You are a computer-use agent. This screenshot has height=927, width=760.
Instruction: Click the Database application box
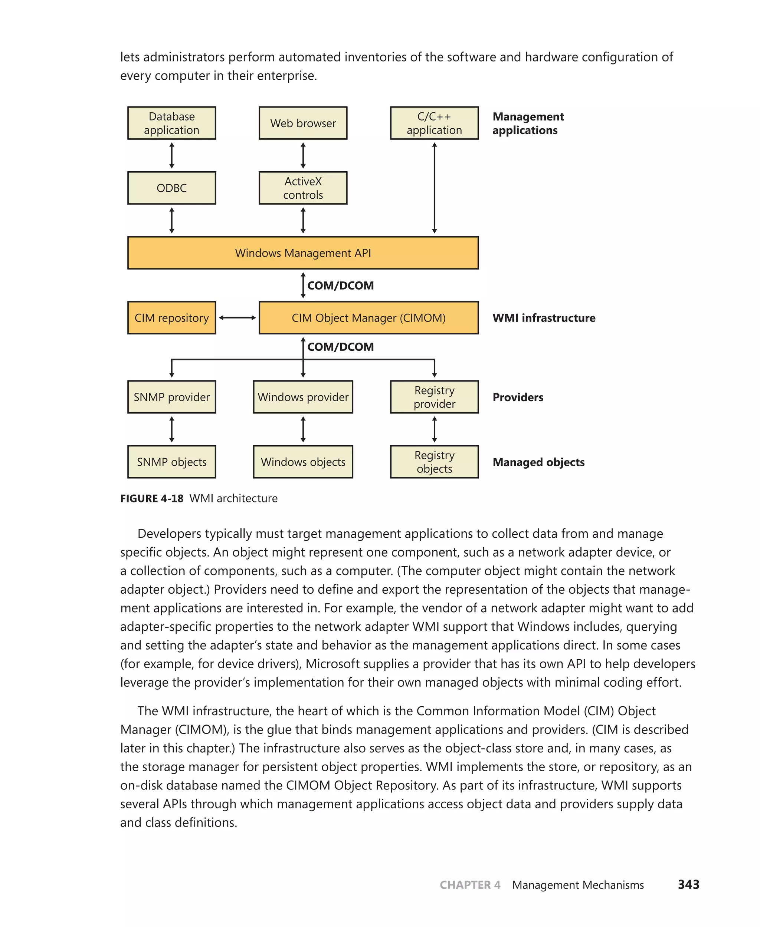click(x=171, y=123)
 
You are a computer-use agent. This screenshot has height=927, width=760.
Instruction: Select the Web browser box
click(x=303, y=123)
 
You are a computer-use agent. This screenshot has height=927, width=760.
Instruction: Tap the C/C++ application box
click(x=434, y=123)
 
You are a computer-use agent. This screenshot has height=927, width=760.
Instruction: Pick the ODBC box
click(x=171, y=188)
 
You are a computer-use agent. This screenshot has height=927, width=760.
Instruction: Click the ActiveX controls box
click(x=303, y=188)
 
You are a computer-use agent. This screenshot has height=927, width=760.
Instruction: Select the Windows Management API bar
click(x=303, y=253)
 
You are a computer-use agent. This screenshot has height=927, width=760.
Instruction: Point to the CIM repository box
click(x=171, y=318)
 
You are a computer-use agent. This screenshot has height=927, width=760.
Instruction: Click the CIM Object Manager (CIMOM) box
click(x=368, y=318)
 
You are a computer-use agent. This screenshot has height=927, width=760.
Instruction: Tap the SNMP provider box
click(x=171, y=397)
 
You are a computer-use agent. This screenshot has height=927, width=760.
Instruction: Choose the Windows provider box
click(x=303, y=397)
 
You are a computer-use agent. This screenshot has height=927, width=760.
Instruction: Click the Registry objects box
click(x=434, y=462)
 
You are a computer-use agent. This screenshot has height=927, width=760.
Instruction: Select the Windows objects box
click(x=303, y=462)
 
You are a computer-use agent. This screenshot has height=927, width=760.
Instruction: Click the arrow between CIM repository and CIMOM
click(x=237, y=318)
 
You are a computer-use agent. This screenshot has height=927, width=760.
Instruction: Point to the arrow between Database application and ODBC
click(x=171, y=155)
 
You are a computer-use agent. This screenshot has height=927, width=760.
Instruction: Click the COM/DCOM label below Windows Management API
click(x=341, y=286)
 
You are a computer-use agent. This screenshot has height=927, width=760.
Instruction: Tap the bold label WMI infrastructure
click(x=544, y=318)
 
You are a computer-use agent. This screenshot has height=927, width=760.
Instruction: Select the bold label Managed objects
click(x=538, y=462)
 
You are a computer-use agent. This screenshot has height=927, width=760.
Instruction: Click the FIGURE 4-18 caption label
click(x=152, y=498)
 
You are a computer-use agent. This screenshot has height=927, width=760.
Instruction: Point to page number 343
click(x=688, y=885)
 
